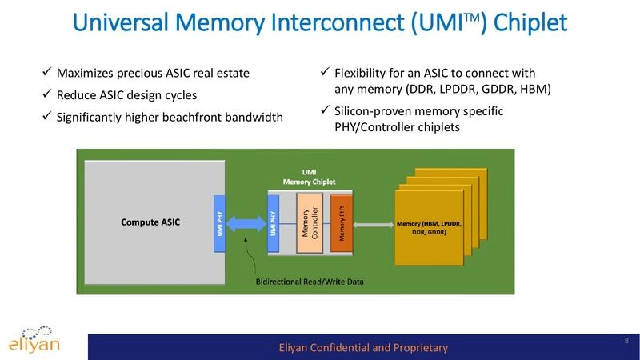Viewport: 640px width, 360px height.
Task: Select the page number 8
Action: click(625, 342)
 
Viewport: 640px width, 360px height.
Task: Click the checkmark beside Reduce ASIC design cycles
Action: click(47, 95)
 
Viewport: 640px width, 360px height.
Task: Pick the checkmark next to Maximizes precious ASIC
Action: click(47, 74)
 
